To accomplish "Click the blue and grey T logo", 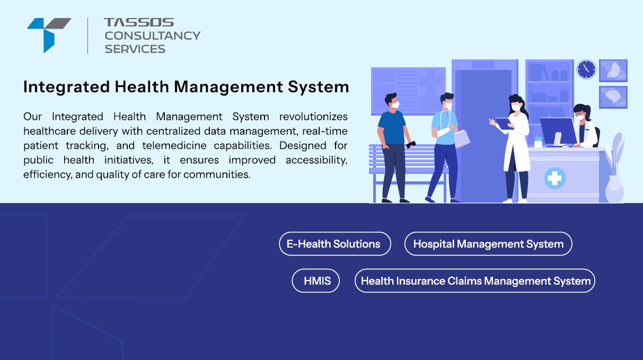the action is (x=49, y=35).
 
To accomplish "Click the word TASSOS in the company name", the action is (x=139, y=22).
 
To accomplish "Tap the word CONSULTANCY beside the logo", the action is (x=153, y=36).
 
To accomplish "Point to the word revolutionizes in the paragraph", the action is (x=313, y=117).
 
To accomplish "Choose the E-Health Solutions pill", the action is (x=335, y=244).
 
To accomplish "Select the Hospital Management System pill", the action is (x=488, y=244).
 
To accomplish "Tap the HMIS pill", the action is (x=316, y=280).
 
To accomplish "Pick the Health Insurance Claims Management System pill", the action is (x=475, y=280).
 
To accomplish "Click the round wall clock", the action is (x=586, y=69).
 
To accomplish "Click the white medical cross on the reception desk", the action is (x=554, y=178).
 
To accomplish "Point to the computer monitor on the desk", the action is (x=558, y=131).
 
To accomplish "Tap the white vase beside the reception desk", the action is (x=614, y=189).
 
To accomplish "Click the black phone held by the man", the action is (x=411, y=144).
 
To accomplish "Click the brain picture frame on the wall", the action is (x=613, y=97).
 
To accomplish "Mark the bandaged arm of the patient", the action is (x=444, y=131).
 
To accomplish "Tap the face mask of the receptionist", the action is (x=579, y=117).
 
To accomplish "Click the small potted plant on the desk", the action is (x=538, y=141).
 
